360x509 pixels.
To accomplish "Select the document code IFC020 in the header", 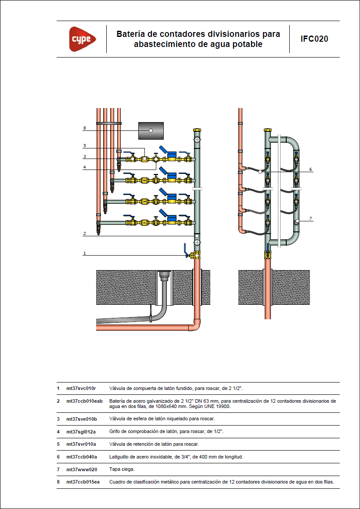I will click(314, 39).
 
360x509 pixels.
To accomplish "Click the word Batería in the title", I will click(130, 34).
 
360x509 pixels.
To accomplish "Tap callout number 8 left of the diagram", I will click(84, 128).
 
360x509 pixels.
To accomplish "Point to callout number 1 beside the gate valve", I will click(84, 253).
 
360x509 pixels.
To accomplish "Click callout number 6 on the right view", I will click(310, 169).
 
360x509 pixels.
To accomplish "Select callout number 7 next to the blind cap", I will click(310, 218).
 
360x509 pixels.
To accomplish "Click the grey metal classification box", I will click(151, 130).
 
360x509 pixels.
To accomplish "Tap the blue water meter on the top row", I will click(170, 155).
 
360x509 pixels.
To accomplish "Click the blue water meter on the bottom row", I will click(170, 218).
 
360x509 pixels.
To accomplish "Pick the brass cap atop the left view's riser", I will click(197, 130).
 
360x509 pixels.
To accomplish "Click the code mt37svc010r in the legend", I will click(81, 389).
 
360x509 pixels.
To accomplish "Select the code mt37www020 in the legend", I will click(82, 469).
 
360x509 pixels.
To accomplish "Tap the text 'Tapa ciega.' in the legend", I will click(122, 469).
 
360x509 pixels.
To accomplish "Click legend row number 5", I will click(58, 444).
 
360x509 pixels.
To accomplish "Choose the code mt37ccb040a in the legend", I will click(82, 457).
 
